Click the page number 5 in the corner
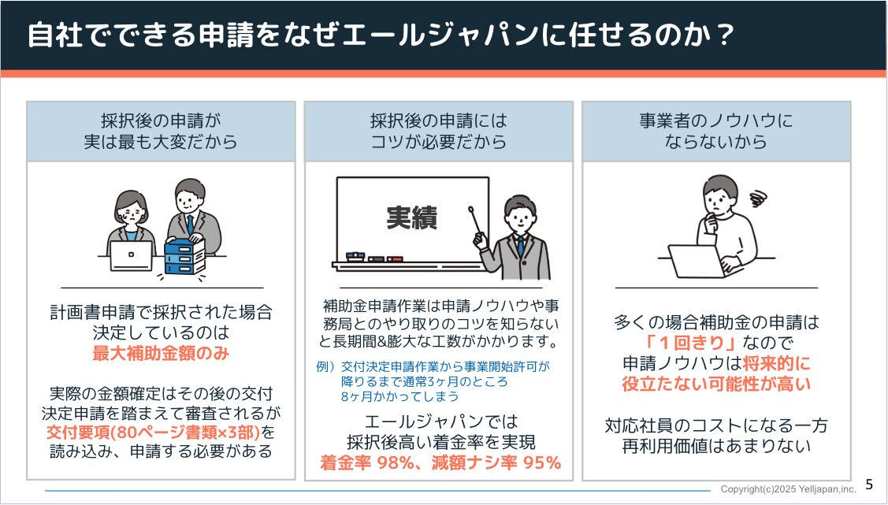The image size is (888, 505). click(x=869, y=484)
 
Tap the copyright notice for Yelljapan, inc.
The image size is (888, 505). click(x=788, y=488)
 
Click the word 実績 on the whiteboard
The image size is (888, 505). click(x=411, y=217)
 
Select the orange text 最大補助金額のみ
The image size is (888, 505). click(x=161, y=353)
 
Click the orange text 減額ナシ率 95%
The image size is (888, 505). click(x=496, y=463)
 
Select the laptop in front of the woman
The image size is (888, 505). click(x=132, y=255)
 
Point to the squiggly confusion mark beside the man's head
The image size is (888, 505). click(x=758, y=196)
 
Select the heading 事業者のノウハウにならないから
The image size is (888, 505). click(x=716, y=132)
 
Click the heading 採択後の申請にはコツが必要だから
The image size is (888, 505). click(x=439, y=132)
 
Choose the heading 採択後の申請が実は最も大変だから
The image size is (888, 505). click(x=161, y=132)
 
